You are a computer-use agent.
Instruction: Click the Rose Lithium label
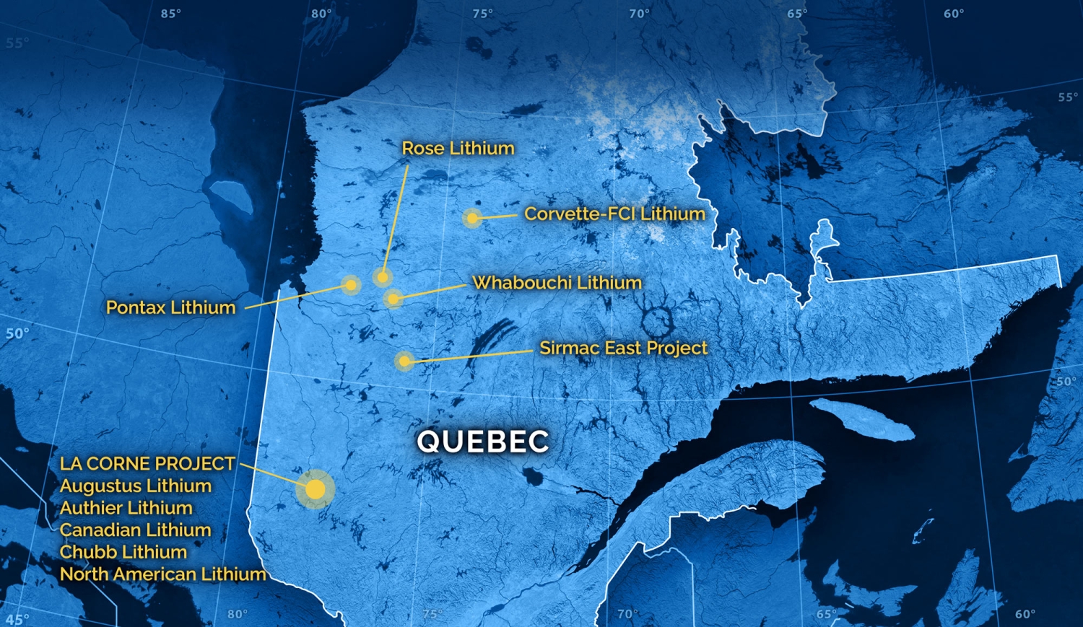coord(458,149)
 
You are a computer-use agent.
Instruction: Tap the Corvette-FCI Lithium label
coord(614,214)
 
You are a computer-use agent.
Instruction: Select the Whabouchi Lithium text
coord(557,283)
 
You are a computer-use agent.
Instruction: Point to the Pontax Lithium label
coord(171,308)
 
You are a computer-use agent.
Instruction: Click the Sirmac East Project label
coord(624,348)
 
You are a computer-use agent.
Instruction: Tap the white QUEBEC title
coord(483,442)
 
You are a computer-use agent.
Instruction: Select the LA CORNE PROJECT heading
coord(148,464)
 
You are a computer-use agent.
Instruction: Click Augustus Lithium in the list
coord(136,486)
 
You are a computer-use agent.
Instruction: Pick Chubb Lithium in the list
coord(123,553)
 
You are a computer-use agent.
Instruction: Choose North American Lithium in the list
coord(163,574)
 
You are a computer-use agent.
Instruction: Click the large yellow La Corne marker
coord(316,489)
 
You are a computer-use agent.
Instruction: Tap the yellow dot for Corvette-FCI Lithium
coord(471,218)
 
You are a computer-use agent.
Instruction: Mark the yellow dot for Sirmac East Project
coord(404,361)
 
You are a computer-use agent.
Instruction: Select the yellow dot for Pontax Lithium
coord(351,285)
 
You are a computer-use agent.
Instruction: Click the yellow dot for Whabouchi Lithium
coord(393,298)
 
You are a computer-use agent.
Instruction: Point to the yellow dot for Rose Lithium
coord(382,276)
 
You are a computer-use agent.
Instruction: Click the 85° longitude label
coord(171,14)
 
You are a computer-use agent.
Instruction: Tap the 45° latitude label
coord(17,618)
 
